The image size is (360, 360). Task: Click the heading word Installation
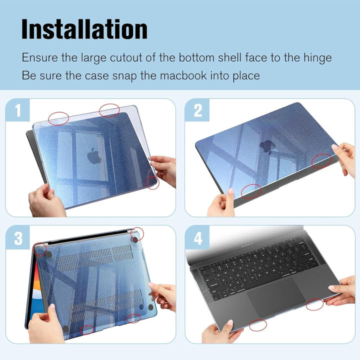[x=84, y=29]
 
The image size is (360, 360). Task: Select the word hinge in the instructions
[x=315, y=57]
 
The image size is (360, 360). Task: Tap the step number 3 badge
[x=18, y=238]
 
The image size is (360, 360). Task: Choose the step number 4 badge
[x=198, y=238]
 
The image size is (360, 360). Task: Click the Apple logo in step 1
[x=94, y=156]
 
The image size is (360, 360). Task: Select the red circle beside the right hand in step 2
[x=321, y=161]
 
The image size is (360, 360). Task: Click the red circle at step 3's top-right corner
[x=136, y=233]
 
